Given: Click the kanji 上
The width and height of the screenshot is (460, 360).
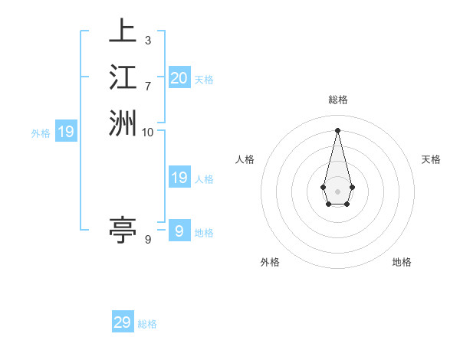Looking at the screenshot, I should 123,32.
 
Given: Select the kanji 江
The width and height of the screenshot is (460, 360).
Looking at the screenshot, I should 123,77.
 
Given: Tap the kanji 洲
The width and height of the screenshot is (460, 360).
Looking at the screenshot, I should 123,123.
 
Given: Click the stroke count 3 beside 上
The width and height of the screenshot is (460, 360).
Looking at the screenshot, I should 147,41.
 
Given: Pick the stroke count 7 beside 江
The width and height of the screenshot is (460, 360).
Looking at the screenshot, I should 147,86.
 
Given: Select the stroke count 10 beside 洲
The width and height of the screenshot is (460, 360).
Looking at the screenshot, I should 147,132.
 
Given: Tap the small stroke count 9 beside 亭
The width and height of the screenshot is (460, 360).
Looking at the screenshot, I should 147,240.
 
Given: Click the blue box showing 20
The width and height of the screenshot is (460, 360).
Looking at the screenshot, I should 179,77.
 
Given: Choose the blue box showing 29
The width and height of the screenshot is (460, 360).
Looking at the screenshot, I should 123,322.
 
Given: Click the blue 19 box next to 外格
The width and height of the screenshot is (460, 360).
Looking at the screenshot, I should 66,133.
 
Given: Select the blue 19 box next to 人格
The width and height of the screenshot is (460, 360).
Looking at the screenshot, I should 179,178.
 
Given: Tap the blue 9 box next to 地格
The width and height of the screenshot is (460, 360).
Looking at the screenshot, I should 179,231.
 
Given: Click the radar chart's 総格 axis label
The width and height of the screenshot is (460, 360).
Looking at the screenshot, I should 338,100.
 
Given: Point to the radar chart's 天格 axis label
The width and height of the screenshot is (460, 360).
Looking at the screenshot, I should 431,159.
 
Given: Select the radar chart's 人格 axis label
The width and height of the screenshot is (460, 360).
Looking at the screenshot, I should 245,159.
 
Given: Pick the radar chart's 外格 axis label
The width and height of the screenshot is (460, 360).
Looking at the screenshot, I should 270,262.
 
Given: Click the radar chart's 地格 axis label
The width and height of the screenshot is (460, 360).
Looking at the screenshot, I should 402,262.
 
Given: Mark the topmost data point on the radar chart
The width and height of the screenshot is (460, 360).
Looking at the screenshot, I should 338,129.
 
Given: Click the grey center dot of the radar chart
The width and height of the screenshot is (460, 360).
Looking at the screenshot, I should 338,190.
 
